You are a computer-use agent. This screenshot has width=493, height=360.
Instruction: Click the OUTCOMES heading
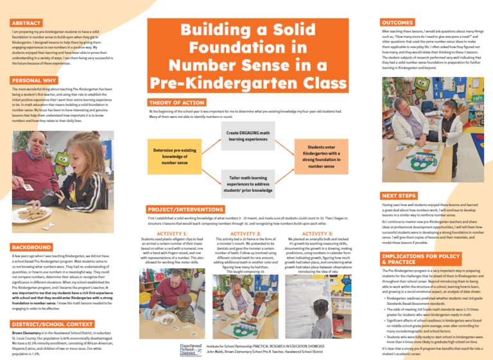[396, 21]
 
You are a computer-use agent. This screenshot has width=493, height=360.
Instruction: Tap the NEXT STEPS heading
[399, 177]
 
